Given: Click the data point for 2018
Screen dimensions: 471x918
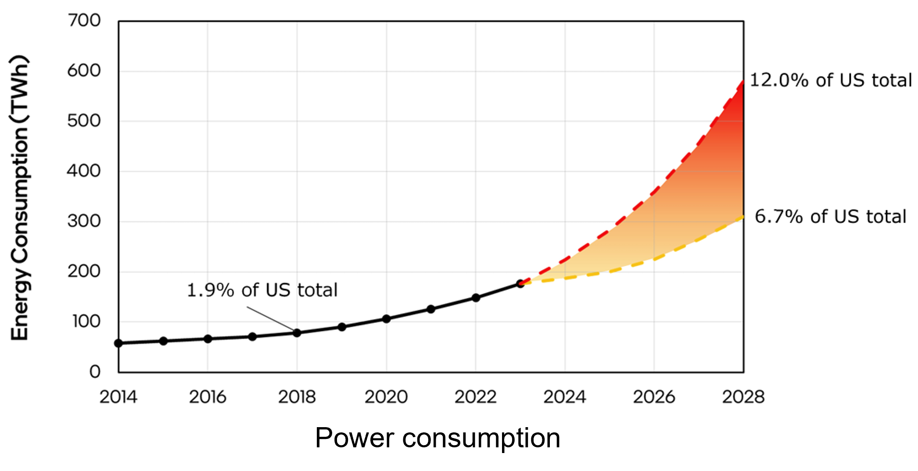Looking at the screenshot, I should coord(297,333).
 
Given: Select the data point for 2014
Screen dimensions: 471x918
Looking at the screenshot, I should coord(118,343).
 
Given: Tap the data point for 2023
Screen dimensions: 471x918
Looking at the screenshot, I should coord(520,284).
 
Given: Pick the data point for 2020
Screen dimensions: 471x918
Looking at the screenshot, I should coord(386,319).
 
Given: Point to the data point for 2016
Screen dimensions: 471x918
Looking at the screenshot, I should coord(208,339).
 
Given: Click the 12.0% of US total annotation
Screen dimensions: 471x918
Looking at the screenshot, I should coord(831,80).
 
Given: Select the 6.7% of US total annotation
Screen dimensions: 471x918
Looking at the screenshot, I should coord(830,217).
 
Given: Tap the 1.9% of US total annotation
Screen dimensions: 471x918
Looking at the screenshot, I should coord(262,290).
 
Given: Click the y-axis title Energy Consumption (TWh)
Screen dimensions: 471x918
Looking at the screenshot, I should coord(20,197).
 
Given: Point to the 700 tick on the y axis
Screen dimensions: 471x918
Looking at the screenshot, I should coord(84,21).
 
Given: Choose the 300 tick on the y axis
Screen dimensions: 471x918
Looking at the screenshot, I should coord(84,221).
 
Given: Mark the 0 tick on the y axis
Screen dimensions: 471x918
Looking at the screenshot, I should coord(95,372).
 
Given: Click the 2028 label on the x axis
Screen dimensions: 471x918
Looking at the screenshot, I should coord(743,397).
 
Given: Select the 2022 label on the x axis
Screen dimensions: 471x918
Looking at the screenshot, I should coord(475,397).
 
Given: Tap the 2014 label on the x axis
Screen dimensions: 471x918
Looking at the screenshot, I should coord(118,397).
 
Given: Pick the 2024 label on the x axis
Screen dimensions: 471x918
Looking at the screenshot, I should coord(565,397).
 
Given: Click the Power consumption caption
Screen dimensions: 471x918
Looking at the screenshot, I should coord(437,438).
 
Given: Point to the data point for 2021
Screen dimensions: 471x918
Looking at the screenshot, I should coord(431,309).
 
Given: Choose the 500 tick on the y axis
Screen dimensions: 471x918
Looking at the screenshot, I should coord(84,121).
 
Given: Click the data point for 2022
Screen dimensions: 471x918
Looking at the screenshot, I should coord(476,298).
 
